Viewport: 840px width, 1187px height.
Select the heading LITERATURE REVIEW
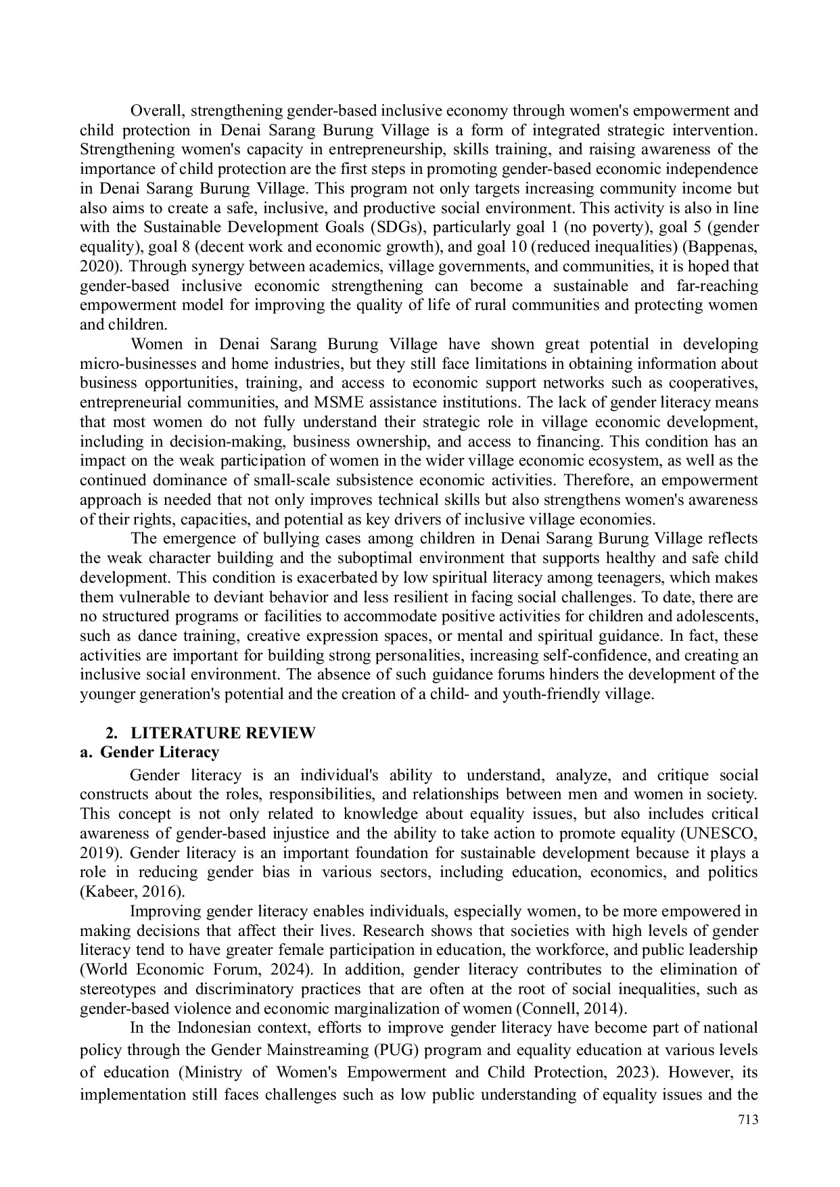(223, 733)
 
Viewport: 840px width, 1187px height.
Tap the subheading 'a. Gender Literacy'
(149, 752)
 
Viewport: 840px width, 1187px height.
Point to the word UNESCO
(728, 833)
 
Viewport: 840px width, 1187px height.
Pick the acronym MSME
(340, 403)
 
